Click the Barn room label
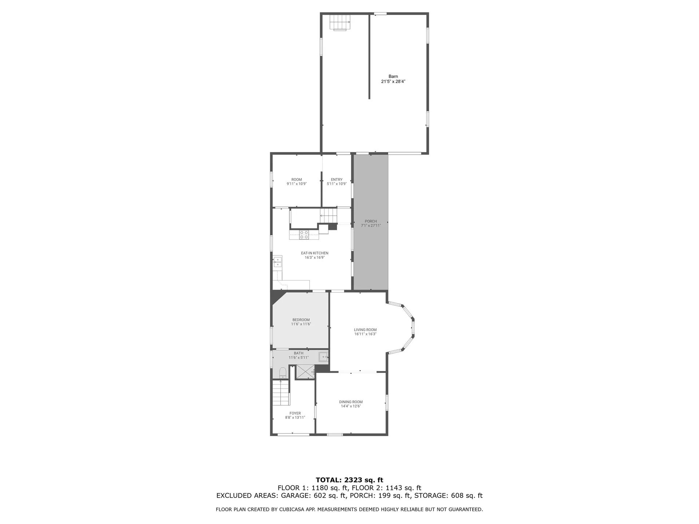[x=393, y=76]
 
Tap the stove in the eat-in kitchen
[x=304, y=235]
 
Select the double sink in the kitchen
[x=277, y=262]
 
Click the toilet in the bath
[x=283, y=373]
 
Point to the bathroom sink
[x=323, y=357]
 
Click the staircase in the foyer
[x=281, y=393]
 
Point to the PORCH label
[x=371, y=221]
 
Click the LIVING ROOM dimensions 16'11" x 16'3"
[x=365, y=334]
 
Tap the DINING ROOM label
[x=351, y=402]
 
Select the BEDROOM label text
[x=301, y=320]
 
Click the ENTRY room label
[x=336, y=179]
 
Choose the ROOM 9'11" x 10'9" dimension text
[x=297, y=184]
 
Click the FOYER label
[x=295, y=413]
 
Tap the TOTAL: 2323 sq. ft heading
[x=349, y=480]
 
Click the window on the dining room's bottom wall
[x=335, y=434]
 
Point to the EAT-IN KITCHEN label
[x=315, y=253]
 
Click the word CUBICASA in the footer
[x=287, y=509]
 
